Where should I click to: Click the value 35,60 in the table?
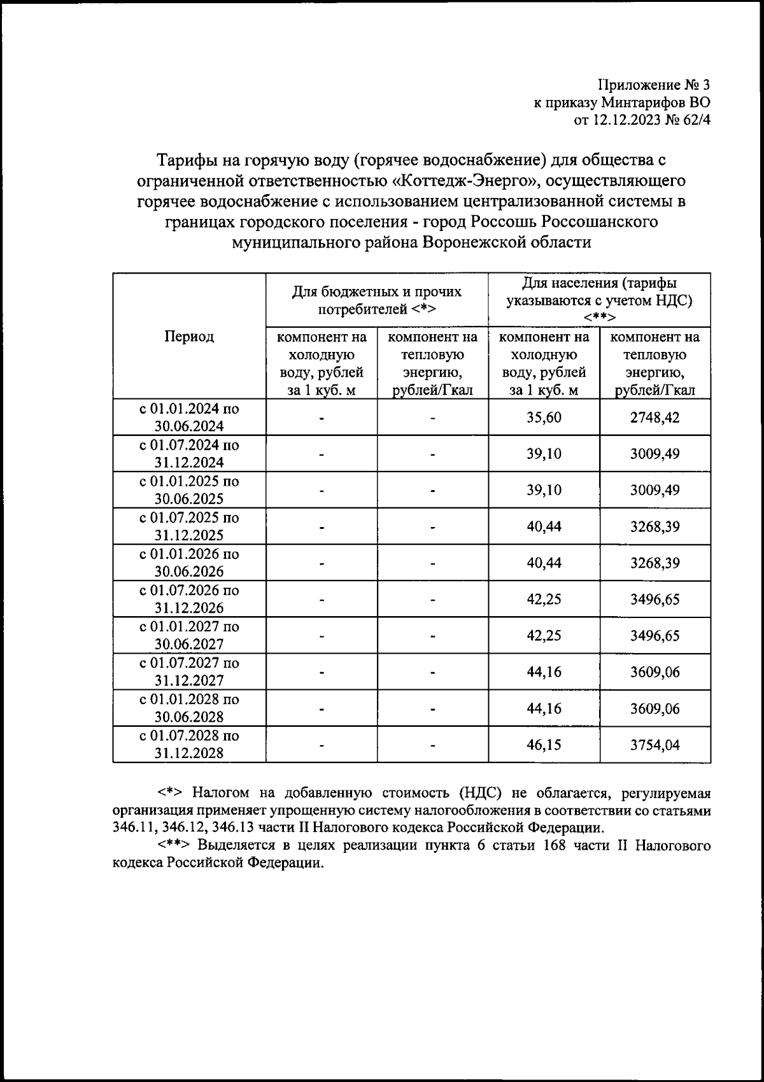tap(544, 418)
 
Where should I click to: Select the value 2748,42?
tap(655, 418)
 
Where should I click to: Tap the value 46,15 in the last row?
tap(544, 745)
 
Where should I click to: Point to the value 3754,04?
tap(655, 745)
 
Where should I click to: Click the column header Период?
tap(189, 337)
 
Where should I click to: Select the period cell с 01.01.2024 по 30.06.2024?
tap(189, 418)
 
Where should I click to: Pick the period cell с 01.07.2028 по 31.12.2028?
tap(189, 745)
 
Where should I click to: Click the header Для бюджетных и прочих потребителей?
tap(376, 300)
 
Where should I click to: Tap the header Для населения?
tap(599, 283)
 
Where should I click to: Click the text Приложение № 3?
tap(653, 85)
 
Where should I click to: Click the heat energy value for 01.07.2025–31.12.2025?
tap(655, 526)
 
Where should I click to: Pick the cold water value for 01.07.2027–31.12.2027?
tap(544, 672)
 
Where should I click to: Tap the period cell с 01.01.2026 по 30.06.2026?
tap(189, 563)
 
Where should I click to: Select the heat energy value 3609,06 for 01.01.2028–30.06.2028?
tap(655, 708)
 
